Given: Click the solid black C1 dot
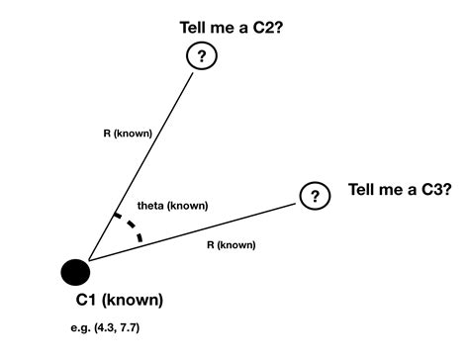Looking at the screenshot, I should click(x=75, y=271).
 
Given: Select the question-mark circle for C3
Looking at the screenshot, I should click(x=315, y=196).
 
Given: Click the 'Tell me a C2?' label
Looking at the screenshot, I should click(x=230, y=28).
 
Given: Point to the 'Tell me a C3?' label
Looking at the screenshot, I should click(x=400, y=190).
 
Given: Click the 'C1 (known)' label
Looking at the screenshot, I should click(x=120, y=300).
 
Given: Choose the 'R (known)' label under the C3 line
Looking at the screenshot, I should click(x=231, y=243).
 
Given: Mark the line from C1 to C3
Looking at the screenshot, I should click(x=198, y=231).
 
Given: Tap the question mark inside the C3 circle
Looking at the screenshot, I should click(x=315, y=196).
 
